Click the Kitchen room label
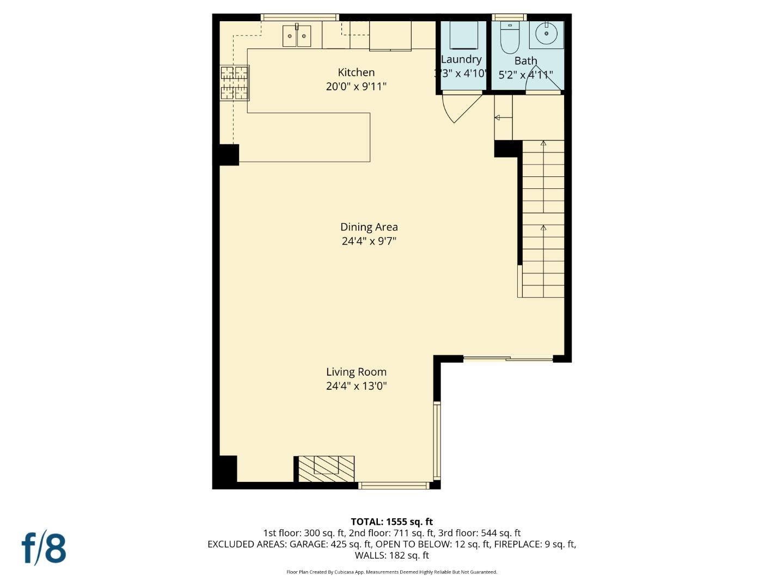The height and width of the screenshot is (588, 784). coord(356,72)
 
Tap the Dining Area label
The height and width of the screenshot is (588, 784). coord(369,227)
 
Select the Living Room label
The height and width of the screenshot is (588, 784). coord(356,372)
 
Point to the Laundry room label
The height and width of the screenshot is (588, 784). coord(461,59)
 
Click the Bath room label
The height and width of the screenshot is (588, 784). coord(525,61)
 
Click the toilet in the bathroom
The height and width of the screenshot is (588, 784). coord(510,36)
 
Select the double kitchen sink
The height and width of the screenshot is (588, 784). coord(297,36)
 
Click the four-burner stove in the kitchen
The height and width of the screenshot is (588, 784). coord(235,83)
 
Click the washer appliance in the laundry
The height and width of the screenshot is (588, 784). coord(462,36)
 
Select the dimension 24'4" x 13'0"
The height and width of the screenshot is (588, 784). coord(356,386)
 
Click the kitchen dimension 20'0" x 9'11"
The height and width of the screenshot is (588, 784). coord(356,87)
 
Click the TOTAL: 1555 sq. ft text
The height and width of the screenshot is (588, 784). coord(391,522)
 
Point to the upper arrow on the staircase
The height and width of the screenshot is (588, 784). coord(543,143)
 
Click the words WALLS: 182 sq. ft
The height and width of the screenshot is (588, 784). coord(391,555)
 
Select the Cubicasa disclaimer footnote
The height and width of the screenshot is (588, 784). coord(391,572)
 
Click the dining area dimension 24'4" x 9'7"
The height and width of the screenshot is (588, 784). coord(369,241)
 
